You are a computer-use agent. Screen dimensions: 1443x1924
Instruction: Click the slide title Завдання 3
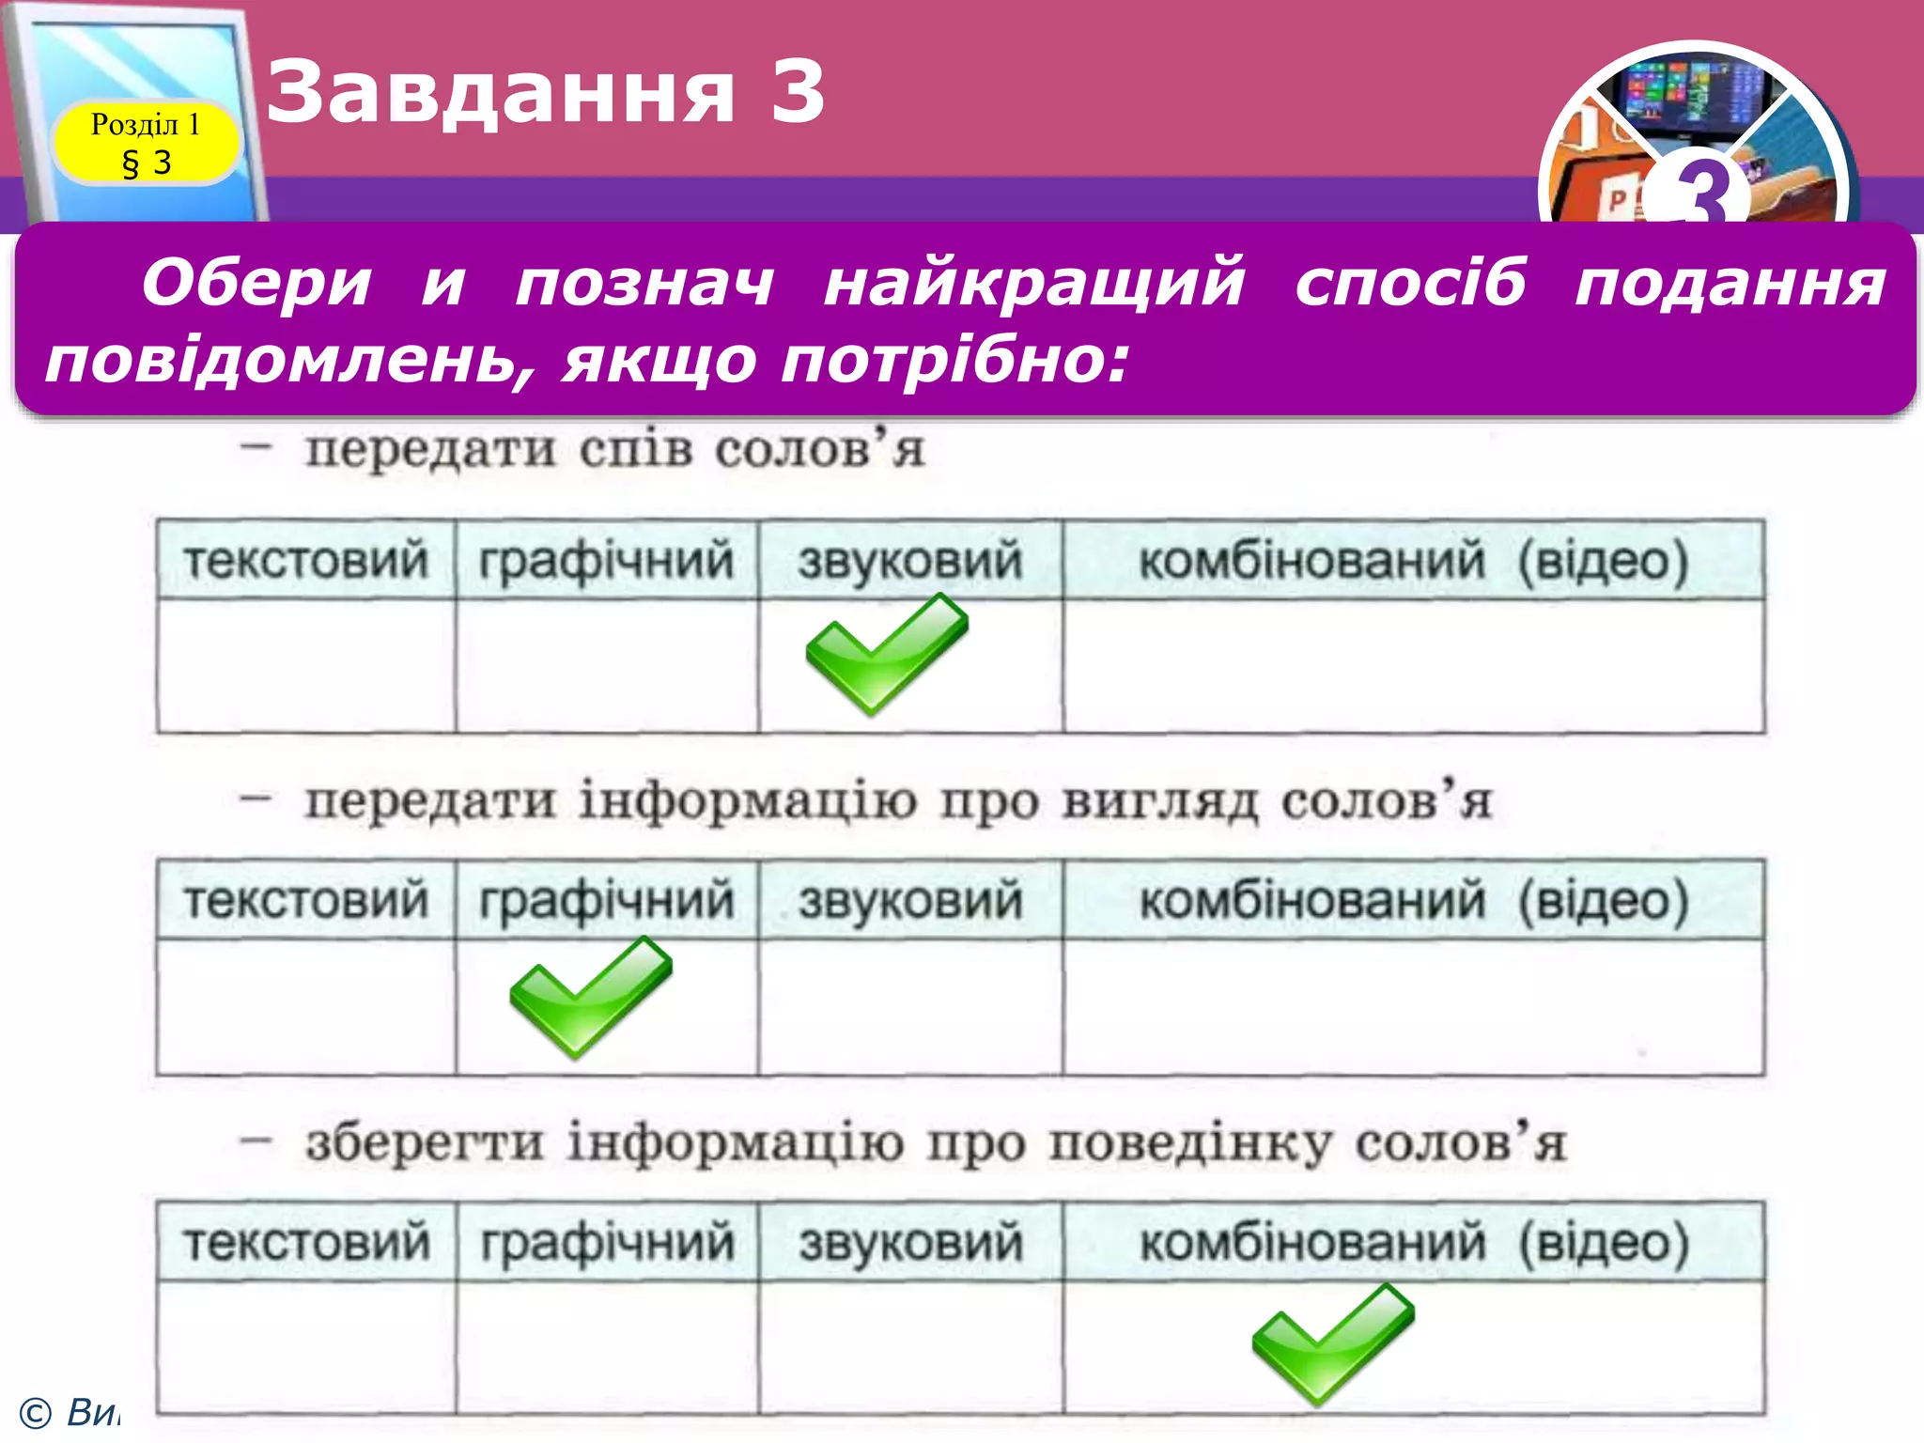pos(546,91)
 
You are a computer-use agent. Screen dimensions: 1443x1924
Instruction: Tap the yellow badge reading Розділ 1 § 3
pos(146,143)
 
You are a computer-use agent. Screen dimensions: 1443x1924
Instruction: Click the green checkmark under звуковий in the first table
pos(885,655)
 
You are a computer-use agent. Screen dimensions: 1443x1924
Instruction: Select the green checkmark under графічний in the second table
pos(590,997)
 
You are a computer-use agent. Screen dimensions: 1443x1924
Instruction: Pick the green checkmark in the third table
pos(1332,1343)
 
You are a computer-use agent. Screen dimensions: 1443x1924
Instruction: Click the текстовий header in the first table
pos(306,561)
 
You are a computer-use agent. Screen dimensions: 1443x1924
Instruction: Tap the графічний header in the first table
pos(606,561)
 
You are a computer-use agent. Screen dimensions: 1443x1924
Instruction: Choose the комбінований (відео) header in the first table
pos(1413,561)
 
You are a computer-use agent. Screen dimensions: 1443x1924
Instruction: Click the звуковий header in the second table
pos(909,900)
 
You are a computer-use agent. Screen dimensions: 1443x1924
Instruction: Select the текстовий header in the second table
pos(306,900)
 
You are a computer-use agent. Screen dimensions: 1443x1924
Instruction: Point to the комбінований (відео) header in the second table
pos(1413,900)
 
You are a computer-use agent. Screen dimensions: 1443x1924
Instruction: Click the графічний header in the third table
pos(607,1242)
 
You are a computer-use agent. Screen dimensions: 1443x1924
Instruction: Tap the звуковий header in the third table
pos(910,1242)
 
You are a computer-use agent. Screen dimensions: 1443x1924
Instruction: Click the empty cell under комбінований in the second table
pos(1413,1006)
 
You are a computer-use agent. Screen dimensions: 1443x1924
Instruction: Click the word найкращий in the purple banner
pos(1034,282)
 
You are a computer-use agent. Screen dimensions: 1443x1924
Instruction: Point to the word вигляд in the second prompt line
pos(1159,802)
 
